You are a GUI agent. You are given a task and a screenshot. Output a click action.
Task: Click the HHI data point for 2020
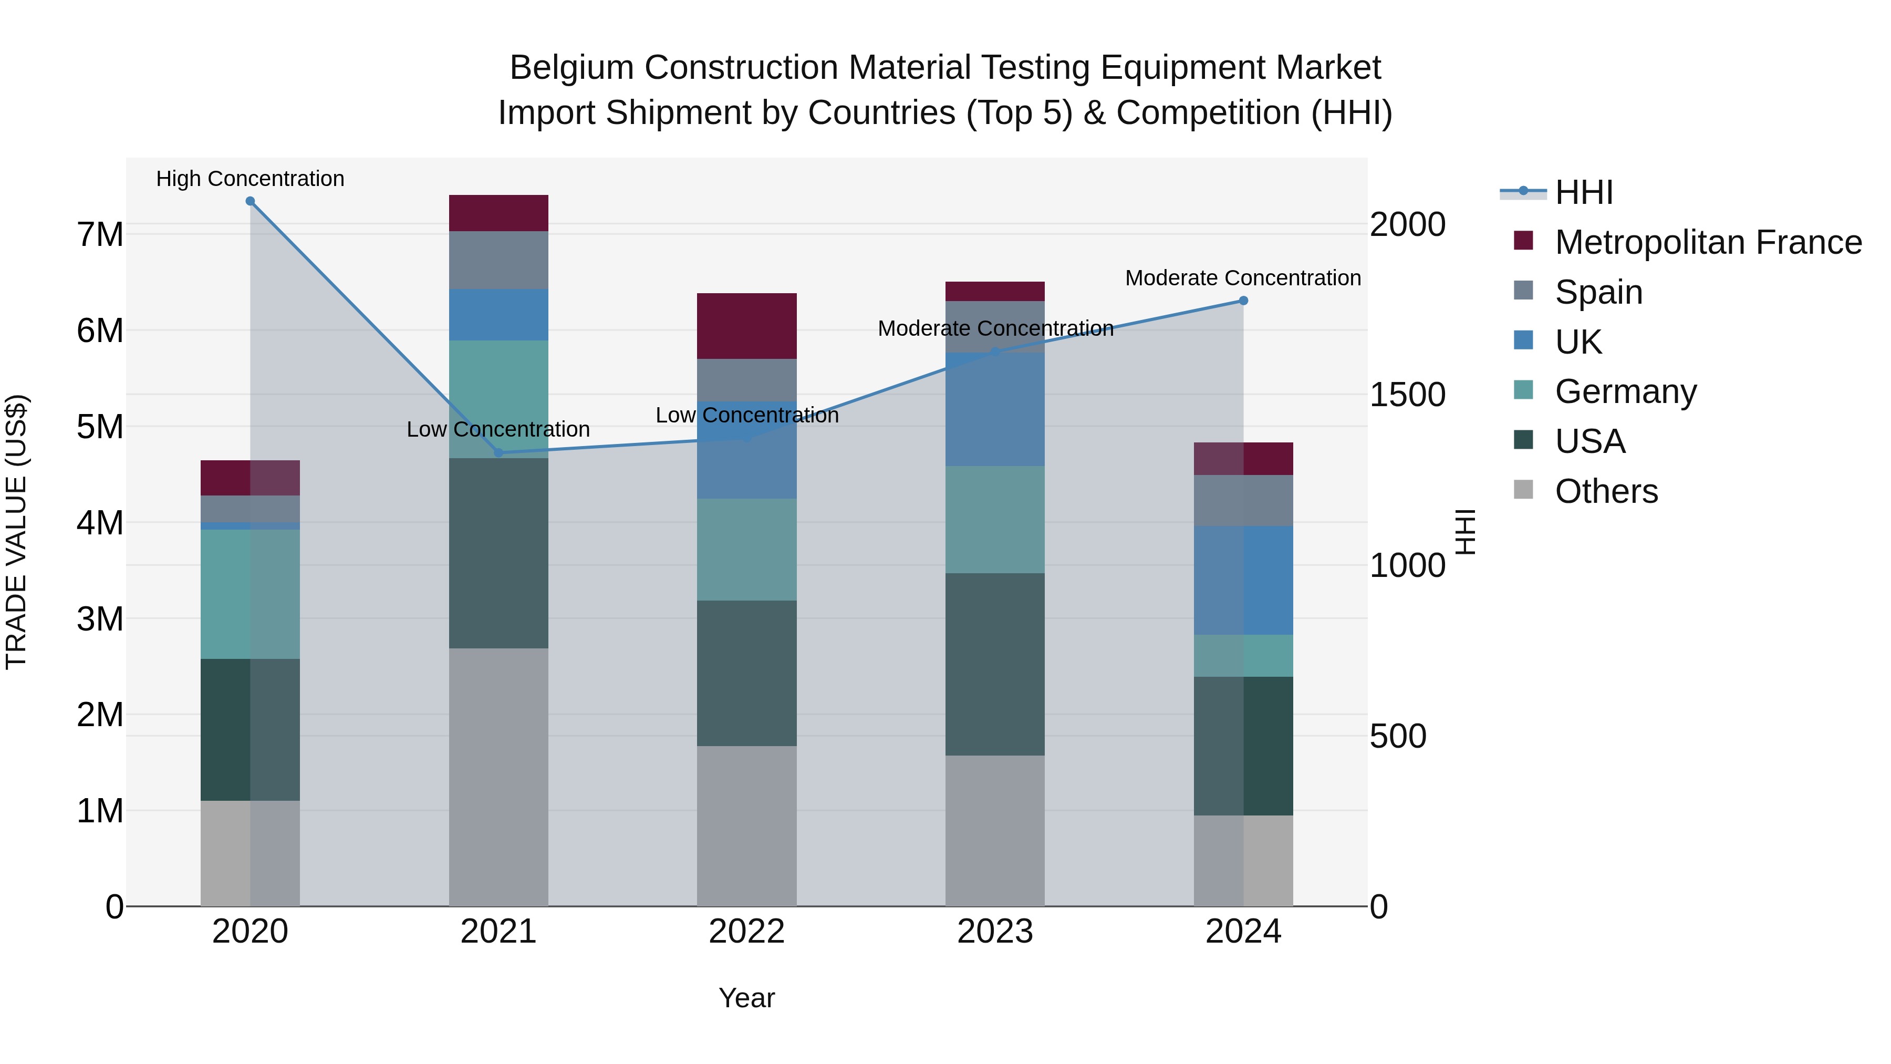pyautogui.click(x=251, y=201)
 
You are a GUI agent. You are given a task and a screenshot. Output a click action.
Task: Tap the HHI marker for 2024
pyautogui.click(x=1243, y=301)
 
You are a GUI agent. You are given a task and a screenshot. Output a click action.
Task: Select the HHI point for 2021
pyautogui.click(x=498, y=453)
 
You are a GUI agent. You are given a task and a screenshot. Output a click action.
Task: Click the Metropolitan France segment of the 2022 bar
pyautogui.click(x=746, y=326)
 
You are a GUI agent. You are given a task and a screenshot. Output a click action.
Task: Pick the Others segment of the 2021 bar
pyautogui.click(x=498, y=777)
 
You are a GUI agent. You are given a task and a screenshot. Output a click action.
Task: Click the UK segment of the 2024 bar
pyautogui.click(x=1243, y=580)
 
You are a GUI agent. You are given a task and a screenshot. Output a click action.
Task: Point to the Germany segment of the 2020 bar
pyautogui.click(x=251, y=594)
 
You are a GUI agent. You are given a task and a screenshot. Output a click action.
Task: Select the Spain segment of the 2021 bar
pyautogui.click(x=498, y=260)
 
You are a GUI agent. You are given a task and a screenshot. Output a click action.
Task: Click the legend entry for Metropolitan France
pyautogui.click(x=1708, y=242)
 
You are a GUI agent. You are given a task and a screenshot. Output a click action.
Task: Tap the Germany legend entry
pyautogui.click(x=1625, y=391)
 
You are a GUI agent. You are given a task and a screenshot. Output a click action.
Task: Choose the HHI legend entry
pyautogui.click(x=1583, y=192)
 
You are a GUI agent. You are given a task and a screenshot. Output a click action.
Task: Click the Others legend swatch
pyautogui.click(x=1523, y=490)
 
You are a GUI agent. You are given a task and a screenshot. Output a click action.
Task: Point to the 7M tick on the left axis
pyautogui.click(x=100, y=235)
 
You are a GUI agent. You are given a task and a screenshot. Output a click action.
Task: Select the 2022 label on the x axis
pyautogui.click(x=746, y=932)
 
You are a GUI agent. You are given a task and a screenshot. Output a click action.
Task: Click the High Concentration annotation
pyautogui.click(x=251, y=179)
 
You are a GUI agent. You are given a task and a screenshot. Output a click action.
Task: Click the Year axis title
pyautogui.click(x=746, y=998)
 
